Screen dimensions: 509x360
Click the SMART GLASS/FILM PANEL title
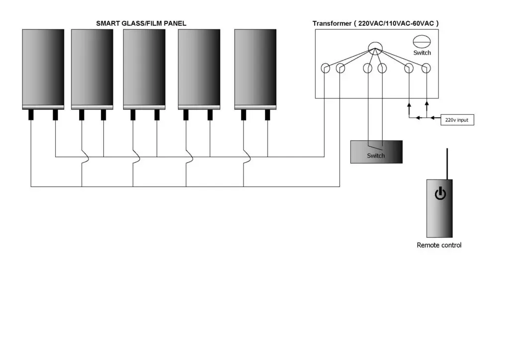(x=141, y=23)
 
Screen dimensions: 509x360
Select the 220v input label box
(x=457, y=120)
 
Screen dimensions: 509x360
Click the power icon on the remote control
(x=440, y=193)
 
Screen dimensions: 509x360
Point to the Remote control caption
(x=439, y=245)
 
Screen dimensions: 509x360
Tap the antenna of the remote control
(x=447, y=164)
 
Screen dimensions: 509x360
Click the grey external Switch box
(x=377, y=152)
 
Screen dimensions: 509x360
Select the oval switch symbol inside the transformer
(x=422, y=42)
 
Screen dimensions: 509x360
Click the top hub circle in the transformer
(x=375, y=49)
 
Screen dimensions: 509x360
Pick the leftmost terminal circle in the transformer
(x=325, y=68)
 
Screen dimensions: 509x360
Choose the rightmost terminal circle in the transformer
(x=426, y=68)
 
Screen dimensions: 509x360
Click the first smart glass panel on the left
(x=43, y=69)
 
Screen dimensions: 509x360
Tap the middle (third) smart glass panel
(x=144, y=69)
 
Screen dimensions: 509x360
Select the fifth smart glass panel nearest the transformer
(x=255, y=69)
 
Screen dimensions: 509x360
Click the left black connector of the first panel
(x=31, y=115)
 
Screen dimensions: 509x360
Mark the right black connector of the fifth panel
(x=267, y=115)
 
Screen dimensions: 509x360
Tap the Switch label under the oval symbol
(x=422, y=53)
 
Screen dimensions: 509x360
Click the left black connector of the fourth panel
(x=186, y=115)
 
